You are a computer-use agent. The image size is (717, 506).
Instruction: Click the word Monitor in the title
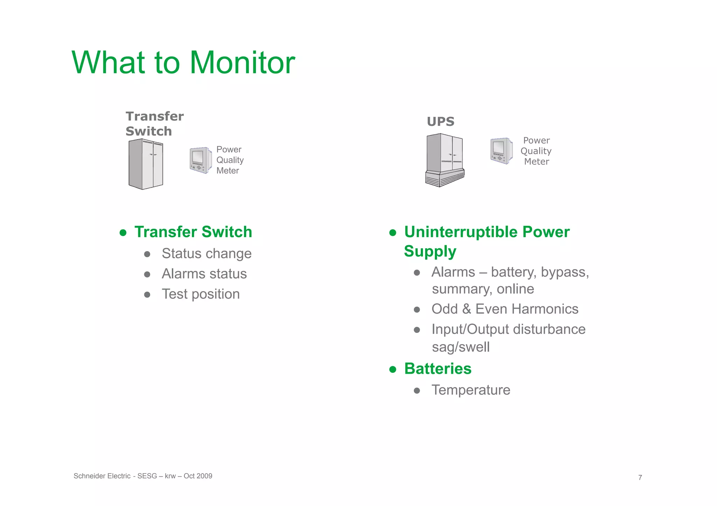click(x=242, y=63)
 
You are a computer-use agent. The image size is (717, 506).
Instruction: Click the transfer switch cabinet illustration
click(x=146, y=164)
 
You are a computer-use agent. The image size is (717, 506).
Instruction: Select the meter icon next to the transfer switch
click(x=201, y=160)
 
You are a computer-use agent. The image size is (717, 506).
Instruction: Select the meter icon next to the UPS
click(x=501, y=151)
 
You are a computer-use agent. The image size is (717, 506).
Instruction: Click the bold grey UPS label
click(x=440, y=122)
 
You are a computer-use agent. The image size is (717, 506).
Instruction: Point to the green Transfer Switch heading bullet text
click(x=193, y=232)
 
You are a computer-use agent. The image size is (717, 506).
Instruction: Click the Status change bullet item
click(x=206, y=254)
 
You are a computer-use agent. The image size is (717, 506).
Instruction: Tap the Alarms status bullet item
click(x=204, y=274)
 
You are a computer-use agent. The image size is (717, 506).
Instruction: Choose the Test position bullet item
click(x=200, y=294)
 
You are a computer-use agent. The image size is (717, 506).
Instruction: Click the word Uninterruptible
click(x=461, y=232)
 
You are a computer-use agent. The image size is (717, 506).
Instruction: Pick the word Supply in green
click(x=430, y=251)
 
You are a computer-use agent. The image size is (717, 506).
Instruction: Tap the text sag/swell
click(x=460, y=347)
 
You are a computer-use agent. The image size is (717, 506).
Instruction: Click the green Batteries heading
click(x=438, y=369)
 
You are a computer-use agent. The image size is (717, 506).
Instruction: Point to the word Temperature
click(x=471, y=390)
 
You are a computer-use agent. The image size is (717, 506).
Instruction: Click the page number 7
click(x=640, y=478)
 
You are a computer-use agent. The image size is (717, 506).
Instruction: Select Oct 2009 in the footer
click(x=198, y=476)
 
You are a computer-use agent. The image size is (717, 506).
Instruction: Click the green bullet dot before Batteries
click(x=392, y=369)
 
